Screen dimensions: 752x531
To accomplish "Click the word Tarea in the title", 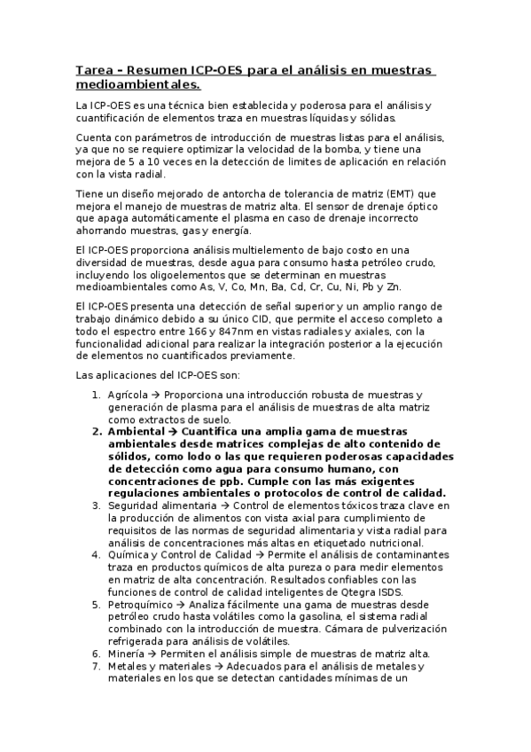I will (93, 70).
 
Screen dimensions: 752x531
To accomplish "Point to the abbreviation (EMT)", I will (340, 193).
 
